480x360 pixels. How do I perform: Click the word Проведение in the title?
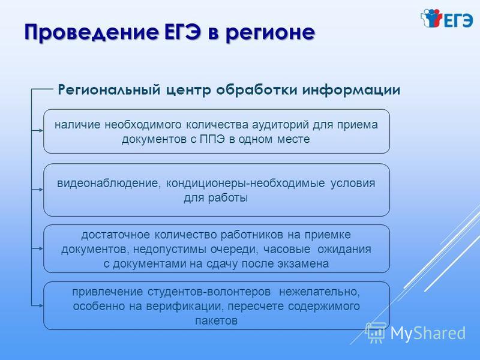tap(92, 32)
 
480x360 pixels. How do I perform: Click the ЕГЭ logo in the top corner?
tap(446, 19)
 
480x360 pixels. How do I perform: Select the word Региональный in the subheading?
tap(109, 90)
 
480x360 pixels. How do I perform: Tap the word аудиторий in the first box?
tap(280, 125)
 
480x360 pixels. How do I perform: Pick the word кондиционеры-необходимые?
tap(245, 184)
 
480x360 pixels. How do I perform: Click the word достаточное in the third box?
tap(116, 235)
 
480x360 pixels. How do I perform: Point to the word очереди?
tap(234, 250)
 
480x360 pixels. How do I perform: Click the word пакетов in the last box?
tap(216, 321)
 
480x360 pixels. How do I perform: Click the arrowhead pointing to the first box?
tap(41, 130)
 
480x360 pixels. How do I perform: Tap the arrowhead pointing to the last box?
tap(41, 305)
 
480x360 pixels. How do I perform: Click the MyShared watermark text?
tap(428, 333)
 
